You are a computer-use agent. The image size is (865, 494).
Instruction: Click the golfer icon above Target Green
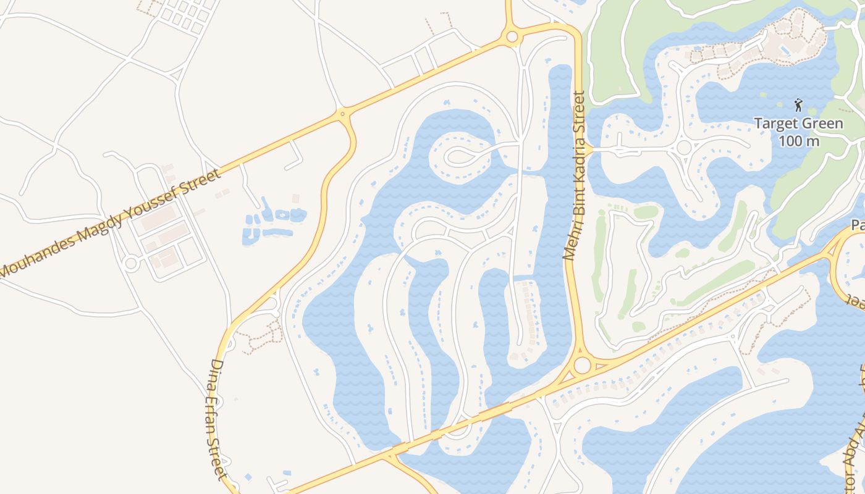(798, 105)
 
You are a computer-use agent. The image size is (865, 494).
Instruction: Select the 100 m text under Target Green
(798, 141)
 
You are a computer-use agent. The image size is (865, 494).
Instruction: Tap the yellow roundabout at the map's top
(512, 38)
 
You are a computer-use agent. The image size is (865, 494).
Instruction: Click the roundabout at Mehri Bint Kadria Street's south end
(582, 365)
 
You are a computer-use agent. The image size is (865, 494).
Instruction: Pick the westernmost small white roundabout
(130, 264)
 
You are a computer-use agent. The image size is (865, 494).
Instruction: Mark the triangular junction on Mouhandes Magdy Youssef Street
(342, 114)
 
